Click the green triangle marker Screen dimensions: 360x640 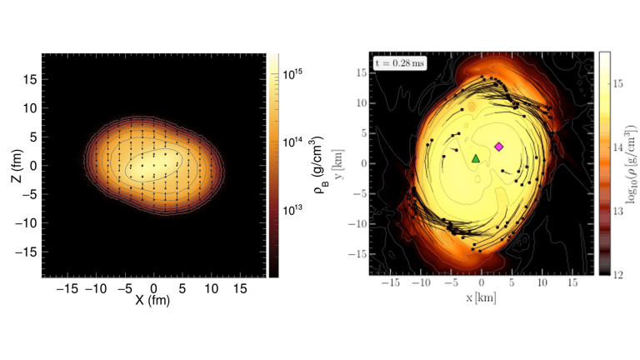[476, 158]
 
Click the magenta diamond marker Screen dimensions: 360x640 [499, 147]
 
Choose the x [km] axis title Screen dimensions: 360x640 [482, 299]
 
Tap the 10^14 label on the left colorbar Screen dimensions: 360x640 [295, 142]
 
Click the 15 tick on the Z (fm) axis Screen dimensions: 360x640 [31, 80]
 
